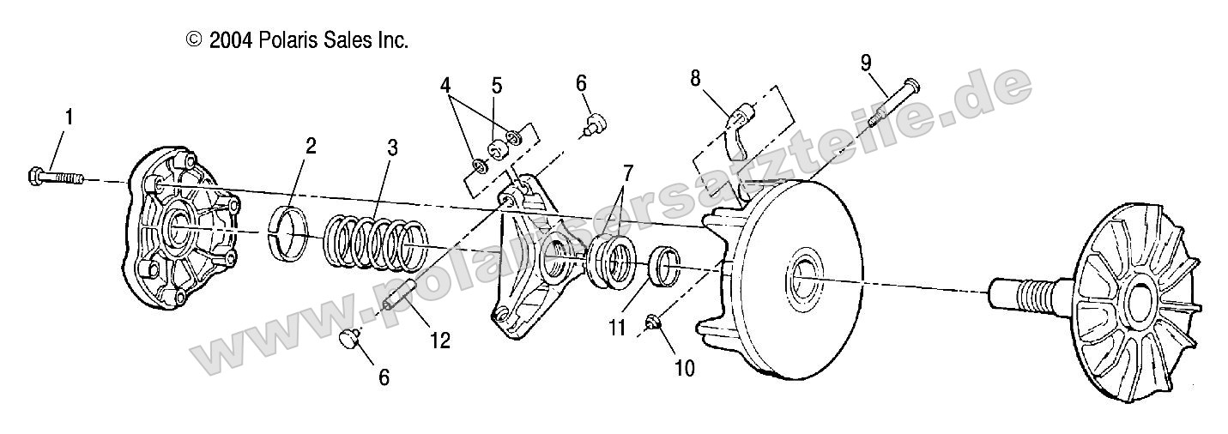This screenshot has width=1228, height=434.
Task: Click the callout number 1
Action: [70, 117]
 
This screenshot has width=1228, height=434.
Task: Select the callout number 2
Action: [310, 145]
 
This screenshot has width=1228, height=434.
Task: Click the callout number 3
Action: [392, 147]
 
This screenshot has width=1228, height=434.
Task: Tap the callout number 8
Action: [695, 77]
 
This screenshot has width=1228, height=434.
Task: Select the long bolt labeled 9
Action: [893, 102]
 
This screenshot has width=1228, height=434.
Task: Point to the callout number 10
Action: [685, 369]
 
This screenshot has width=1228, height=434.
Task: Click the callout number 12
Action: [440, 340]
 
